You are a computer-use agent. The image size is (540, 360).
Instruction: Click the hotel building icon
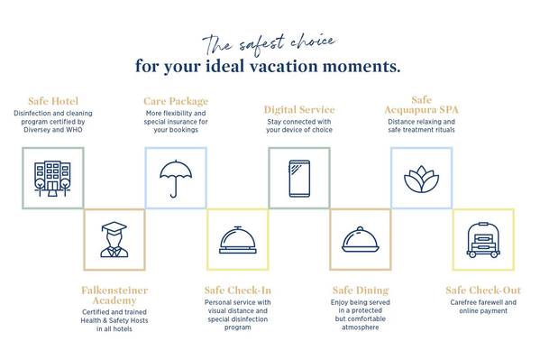[x=52, y=179]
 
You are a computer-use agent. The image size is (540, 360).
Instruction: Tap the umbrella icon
[x=176, y=179]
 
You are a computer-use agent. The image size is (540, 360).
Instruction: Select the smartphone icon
[x=299, y=179]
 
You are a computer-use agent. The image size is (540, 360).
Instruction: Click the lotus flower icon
[x=422, y=180]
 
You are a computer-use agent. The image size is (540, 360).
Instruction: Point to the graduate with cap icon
[x=114, y=240]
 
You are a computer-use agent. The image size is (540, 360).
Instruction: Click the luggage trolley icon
[x=483, y=240]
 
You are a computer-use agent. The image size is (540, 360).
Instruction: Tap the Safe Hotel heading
[x=53, y=101]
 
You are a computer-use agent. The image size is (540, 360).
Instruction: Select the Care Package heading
[x=176, y=101]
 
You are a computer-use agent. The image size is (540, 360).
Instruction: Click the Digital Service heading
[x=299, y=110]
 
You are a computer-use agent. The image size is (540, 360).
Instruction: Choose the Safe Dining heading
[x=361, y=291]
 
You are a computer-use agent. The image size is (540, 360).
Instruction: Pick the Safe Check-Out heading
[x=483, y=291]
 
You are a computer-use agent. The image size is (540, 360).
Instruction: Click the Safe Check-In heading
[x=238, y=291]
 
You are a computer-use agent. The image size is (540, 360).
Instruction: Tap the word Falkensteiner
[x=114, y=291]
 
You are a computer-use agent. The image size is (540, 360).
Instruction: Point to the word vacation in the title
[x=283, y=66]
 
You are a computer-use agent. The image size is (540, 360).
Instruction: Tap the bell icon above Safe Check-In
[x=238, y=240]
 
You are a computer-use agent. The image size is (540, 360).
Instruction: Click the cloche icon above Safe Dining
[x=361, y=240]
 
